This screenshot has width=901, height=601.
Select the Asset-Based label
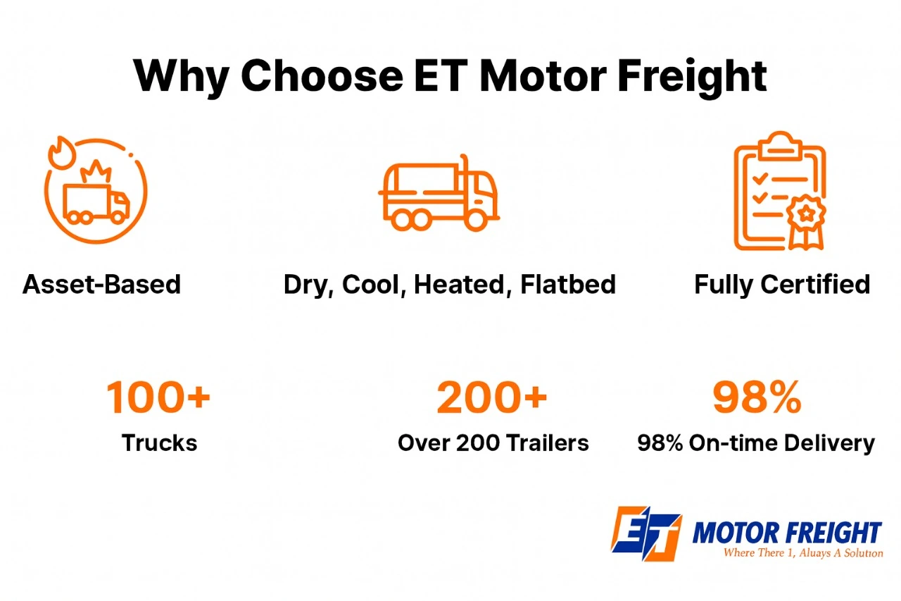101,285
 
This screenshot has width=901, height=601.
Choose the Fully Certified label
782,285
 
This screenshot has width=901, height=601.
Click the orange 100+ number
158,397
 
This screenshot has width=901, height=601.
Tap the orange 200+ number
491,397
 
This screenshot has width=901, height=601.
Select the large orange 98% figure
757,397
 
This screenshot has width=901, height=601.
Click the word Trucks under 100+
159,443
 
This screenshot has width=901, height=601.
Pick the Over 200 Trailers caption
493,443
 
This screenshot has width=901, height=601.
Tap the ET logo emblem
645,533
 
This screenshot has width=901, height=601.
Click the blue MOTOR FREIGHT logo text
786,532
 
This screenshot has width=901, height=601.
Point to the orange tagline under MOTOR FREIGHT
802,553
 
